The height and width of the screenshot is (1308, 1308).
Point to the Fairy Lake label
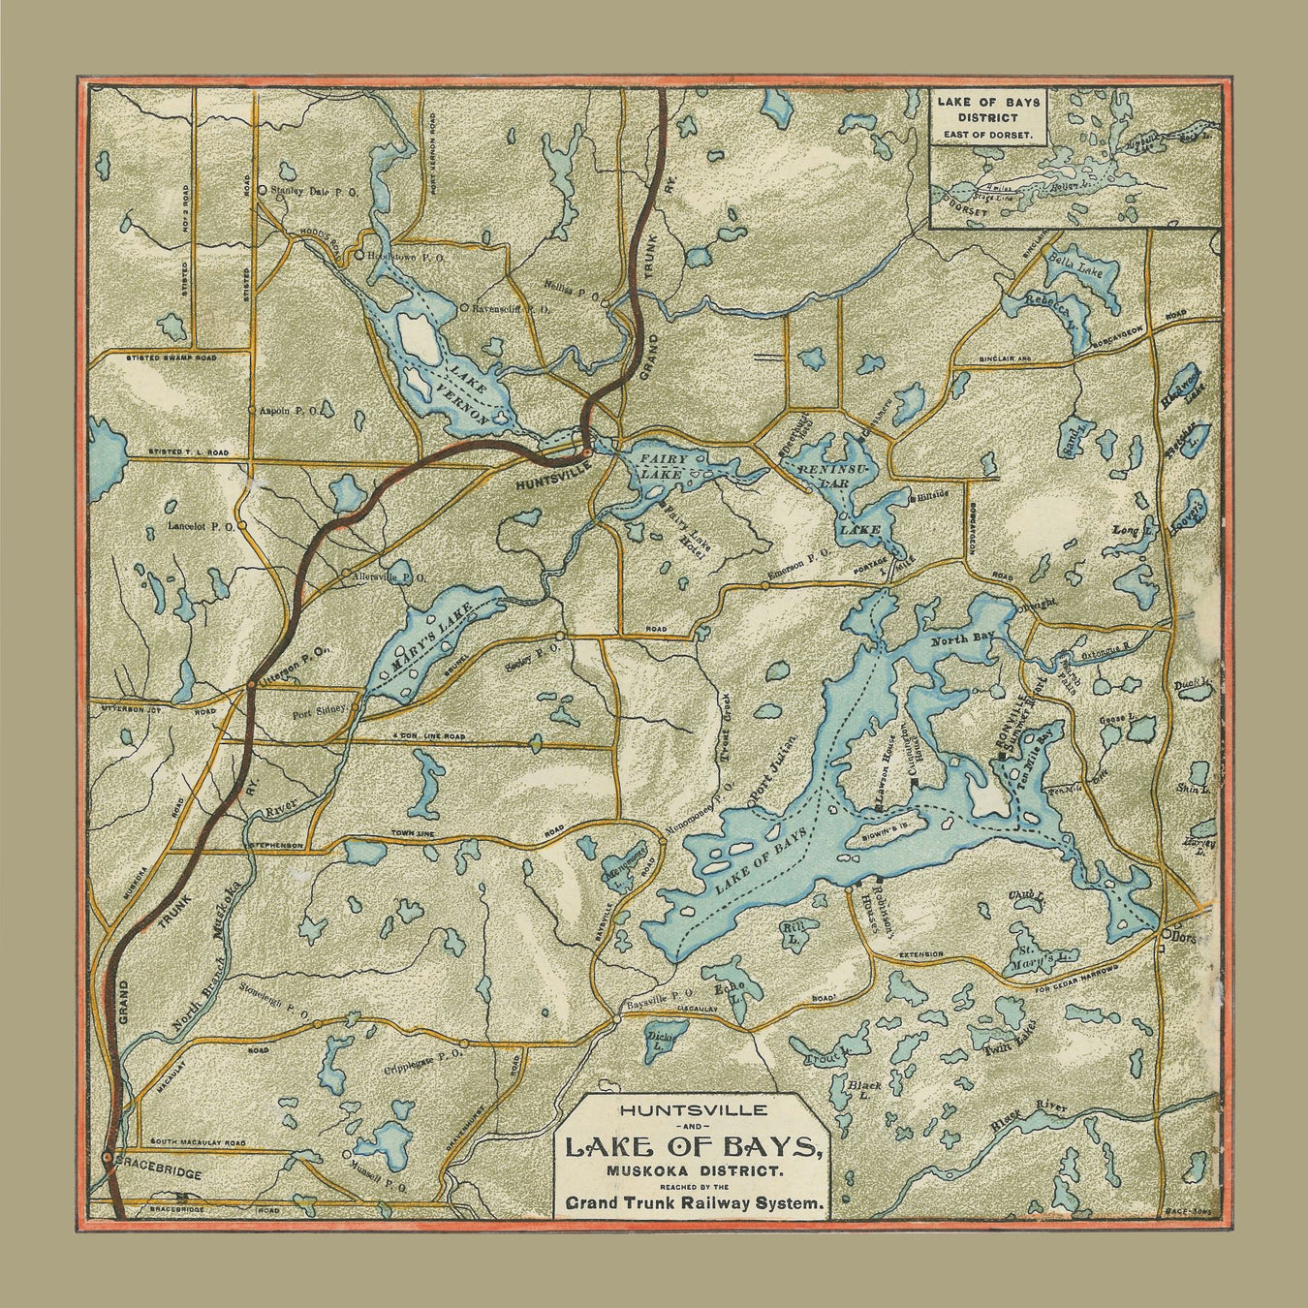(x=663, y=467)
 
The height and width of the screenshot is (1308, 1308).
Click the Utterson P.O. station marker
(x=251, y=684)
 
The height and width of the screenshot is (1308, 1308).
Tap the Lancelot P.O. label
(x=202, y=526)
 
